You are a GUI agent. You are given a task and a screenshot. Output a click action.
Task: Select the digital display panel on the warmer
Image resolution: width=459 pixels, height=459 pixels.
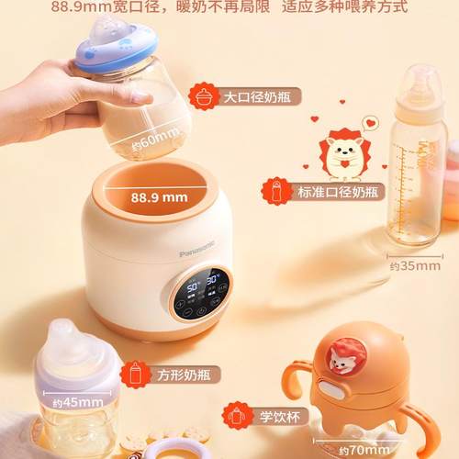click(199, 292)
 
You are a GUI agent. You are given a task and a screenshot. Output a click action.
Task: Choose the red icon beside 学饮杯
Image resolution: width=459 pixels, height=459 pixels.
click(237, 416)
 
